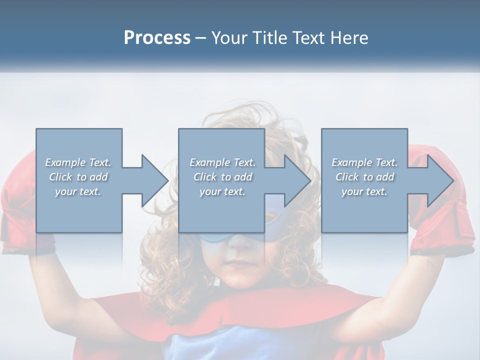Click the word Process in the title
coord(157,38)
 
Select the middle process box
coord(221,145)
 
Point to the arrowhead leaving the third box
coord(439,180)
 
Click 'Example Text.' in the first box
coord(78,162)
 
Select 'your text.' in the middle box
coord(222,192)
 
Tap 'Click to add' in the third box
coord(364,177)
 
